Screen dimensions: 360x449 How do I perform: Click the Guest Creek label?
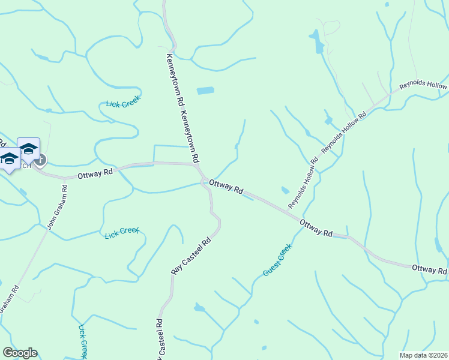tap(277, 260)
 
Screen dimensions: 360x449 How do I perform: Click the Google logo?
tap(20, 353)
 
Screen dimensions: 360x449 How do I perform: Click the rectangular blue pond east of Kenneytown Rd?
tap(205, 91)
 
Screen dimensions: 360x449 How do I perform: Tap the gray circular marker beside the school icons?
tap(40, 160)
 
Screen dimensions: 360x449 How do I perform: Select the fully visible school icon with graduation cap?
tap(28, 148)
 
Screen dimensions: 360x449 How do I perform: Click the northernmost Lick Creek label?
tap(123, 103)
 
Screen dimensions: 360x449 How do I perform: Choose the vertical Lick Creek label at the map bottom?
tap(83, 342)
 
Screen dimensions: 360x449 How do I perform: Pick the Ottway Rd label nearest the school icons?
tap(95, 173)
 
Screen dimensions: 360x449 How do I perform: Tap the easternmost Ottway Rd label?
tap(429, 271)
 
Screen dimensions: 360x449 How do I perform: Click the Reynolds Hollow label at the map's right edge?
tap(423, 86)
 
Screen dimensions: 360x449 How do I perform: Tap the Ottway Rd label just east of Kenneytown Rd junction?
tap(226, 188)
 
